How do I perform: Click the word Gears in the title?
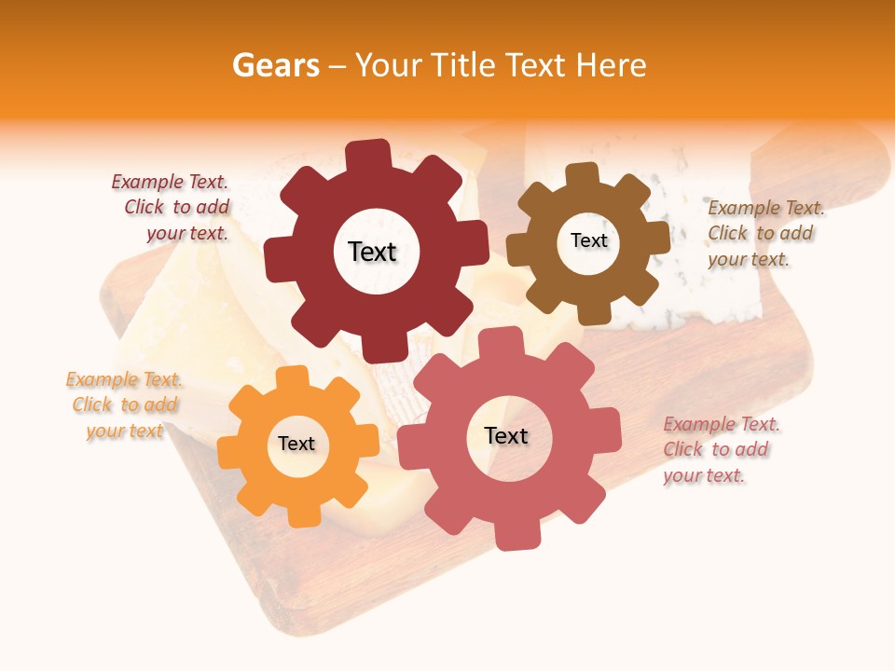pyautogui.click(x=275, y=65)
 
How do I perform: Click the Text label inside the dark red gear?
pyautogui.click(x=372, y=252)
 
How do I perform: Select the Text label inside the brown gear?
pyautogui.click(x=588, y=240)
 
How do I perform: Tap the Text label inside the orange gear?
pyautogui.click(x=296, y=444)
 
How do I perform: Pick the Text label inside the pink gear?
pyautogui.click(x=506, y=435)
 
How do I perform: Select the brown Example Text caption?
pyautogui.click(x=764, y=233)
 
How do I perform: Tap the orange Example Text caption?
pyautogui.click(x=125, y=405)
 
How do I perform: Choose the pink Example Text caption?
pyautogui.click(x=720, y=450)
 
